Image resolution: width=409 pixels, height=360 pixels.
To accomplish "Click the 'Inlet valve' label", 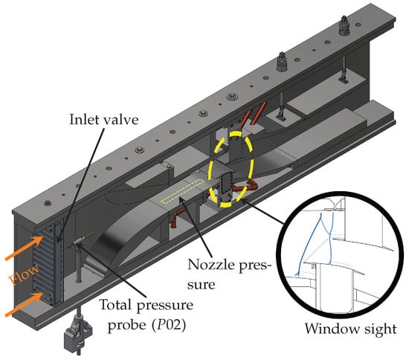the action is [104, 120].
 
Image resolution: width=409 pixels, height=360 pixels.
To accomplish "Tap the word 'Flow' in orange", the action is [25, 274].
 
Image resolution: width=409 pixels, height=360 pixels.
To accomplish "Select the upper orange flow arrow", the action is [24, 248].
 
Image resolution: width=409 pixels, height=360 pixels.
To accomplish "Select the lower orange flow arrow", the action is [24, 304].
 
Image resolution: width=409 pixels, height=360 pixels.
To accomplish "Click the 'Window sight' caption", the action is [350, 329].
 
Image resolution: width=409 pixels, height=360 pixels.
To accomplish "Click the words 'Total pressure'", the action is [146, 305].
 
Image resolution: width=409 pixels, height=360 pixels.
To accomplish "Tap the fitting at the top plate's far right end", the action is [344, 25].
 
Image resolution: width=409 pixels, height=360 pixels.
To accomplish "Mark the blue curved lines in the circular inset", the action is [315, 242].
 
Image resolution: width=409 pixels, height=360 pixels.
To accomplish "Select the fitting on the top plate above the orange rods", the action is [283, 62].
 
